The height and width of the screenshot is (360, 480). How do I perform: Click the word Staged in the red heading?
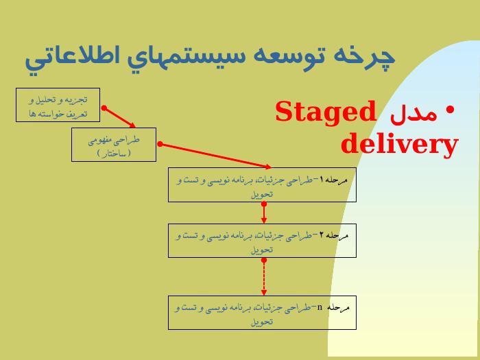(326, 112)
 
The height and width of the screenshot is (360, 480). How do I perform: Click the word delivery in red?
(399, 144)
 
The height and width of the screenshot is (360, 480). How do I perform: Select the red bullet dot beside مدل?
(450, 110)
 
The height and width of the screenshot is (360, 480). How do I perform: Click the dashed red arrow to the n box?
(264, 277)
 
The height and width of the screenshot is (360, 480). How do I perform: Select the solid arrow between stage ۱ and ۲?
(264, 213)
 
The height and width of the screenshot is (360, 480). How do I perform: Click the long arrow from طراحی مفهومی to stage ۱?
(215, 156)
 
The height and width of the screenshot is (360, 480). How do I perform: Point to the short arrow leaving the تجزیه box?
(119, 117)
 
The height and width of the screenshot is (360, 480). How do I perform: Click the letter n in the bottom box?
(320, 307)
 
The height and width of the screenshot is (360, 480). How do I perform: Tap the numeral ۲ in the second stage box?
(322, 235)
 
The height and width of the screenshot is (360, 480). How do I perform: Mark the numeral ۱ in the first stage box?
(322, 179)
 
